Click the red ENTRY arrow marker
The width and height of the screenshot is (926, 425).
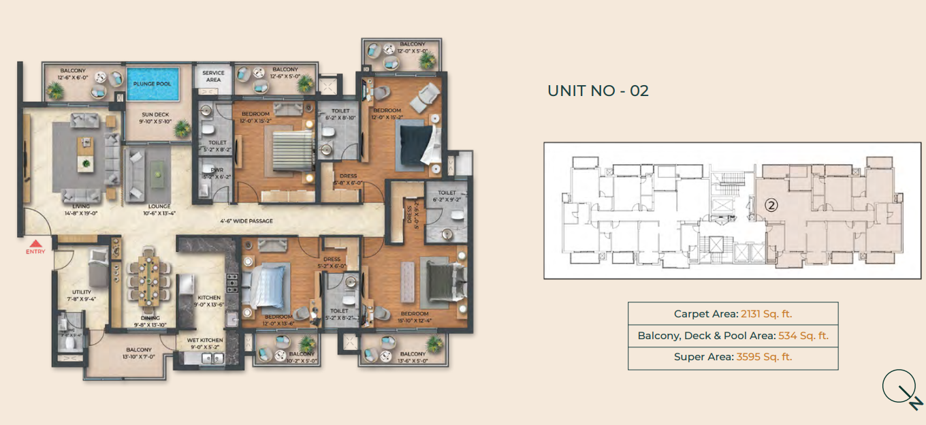pyautogui.click(x=35, y=243)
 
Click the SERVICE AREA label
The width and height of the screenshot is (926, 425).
pyautogui.click(x=213, y=76)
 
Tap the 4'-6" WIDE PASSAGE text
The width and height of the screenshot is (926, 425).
pyautogui.click(x=246, y=221)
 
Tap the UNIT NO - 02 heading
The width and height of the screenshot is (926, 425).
pyautogui.click(x=598, y=91)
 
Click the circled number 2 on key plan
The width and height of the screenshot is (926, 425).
pyautogui.click(x=771, y=203)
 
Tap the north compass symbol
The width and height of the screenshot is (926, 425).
pyautogui.click(x=901, y=391)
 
